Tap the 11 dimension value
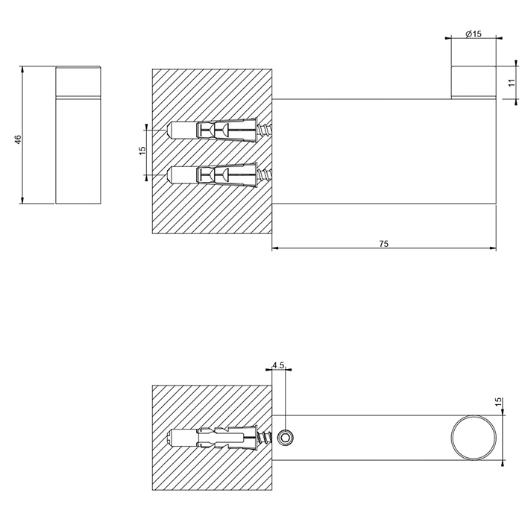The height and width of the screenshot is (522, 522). pyautogui.click(x=512, y=83)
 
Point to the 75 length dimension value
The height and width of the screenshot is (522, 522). pyautogui.click(x=383, y=243)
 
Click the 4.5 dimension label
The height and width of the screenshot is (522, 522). pyautogui.click(x=279, y=365)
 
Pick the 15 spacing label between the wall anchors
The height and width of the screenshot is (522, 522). pyautogui.click(x=142, y=151)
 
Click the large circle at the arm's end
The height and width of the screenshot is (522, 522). pyautogui.click(x=472, y=438)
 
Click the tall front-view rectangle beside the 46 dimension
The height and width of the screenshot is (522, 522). pyautogui.click(x=78, y=136)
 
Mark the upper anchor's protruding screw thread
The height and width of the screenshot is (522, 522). pyautogui.click(x=266, y=131)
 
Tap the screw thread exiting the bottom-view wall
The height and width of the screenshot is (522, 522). pyautogui.click(x=265, y=437)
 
